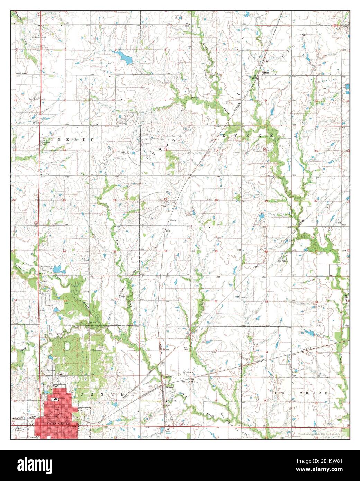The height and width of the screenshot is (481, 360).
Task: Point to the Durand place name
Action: point(169,387)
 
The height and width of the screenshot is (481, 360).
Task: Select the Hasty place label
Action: point(173,220)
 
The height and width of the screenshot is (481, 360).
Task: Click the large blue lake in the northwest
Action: point(124,56)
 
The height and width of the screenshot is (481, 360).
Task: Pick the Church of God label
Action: point(24,74)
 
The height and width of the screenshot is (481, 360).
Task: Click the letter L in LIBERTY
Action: point(44,139)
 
